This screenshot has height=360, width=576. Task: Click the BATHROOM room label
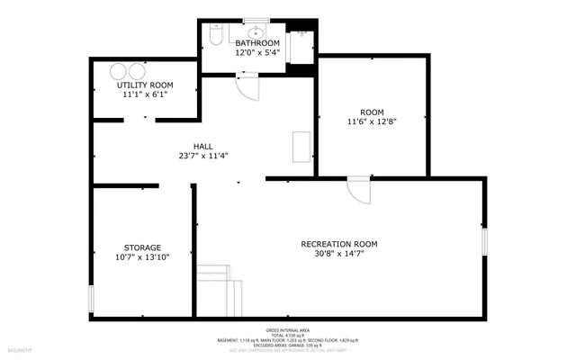(x=257, y=43)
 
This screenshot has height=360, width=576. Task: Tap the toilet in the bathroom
(x=215, y=36)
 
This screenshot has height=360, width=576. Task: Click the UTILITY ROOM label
(x=145, y=85)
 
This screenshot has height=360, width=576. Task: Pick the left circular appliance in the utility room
(x=119, y=72)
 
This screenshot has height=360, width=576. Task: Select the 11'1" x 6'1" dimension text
(x=145, y=94)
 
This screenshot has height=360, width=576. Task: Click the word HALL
(x=203, y=146)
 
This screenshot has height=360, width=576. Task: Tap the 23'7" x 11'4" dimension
(x=203, y=156)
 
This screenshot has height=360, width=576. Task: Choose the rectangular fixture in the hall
(x=301, y=148)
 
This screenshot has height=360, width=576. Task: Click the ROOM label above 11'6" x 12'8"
(x=372, y=112)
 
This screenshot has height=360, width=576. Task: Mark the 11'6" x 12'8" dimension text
(x=372, y=121)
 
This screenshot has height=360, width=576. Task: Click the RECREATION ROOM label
(x=339, y=244)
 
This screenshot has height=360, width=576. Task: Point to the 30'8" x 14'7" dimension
(x=339, y=254)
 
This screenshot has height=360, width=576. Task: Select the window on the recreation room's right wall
(x=484, y=242)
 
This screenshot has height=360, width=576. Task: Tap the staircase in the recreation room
(x=220, y=290)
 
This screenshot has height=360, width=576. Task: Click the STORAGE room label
(x=142, y=247)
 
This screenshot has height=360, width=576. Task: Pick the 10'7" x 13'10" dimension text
(x=142, y=257)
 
